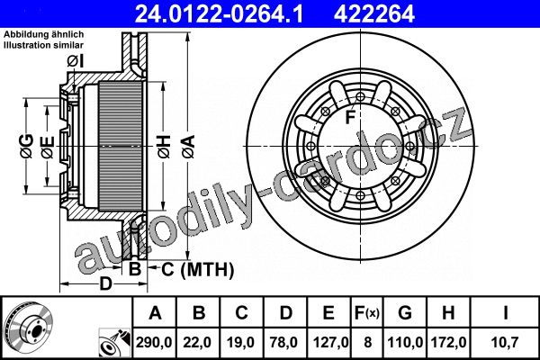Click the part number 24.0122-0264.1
point(219,13)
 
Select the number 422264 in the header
point(374,13)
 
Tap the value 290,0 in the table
point(154,342)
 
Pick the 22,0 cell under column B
point(197,342)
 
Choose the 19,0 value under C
point(240,342)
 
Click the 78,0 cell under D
point(284,342)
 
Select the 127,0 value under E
point(330,342)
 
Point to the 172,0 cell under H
point(449,342)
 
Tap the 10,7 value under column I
point(506,342)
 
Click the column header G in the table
point(405,313)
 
